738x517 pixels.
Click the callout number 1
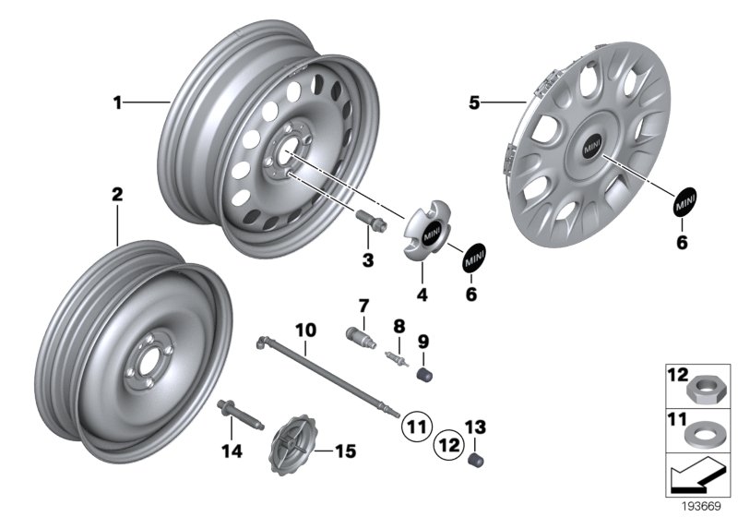pos(117,103)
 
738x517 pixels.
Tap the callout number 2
pos(117,195)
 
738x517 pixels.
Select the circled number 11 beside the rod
pos(414,426)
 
